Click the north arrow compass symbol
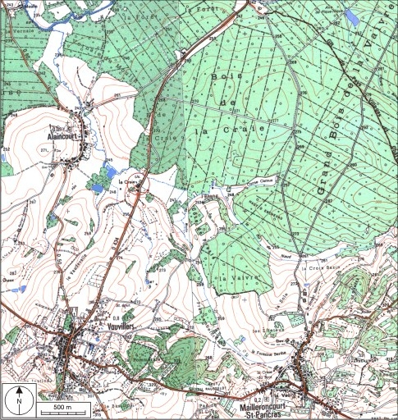click(18, 399)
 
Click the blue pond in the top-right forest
click(352, 16)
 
